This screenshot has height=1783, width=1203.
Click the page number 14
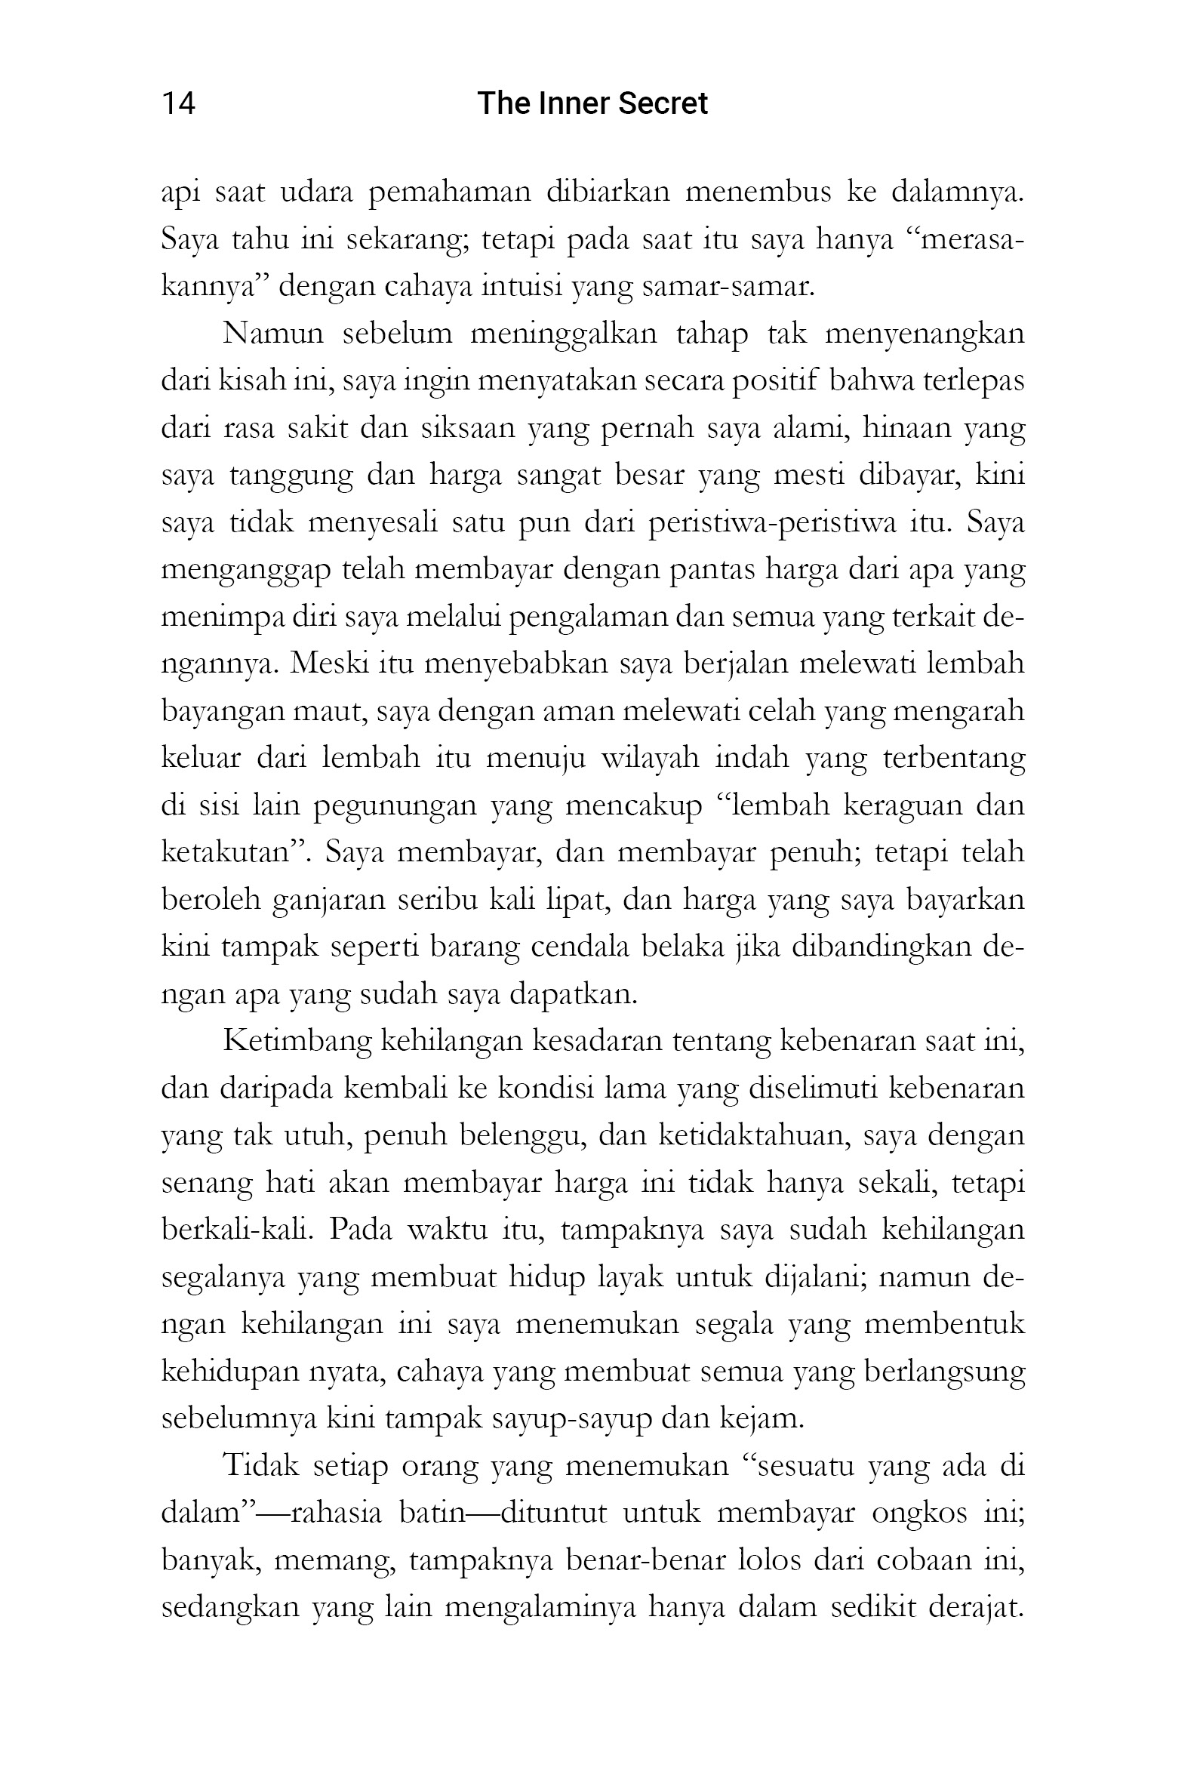click(x=178, y=103)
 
